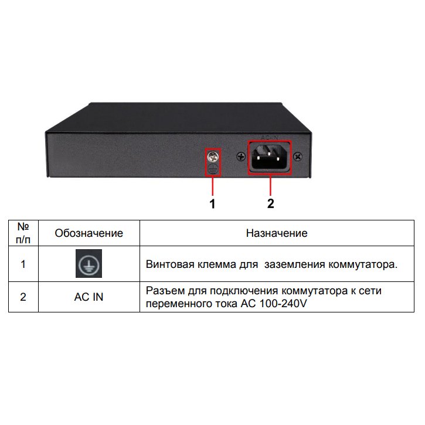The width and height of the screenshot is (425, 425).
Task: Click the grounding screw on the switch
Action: (213, 157)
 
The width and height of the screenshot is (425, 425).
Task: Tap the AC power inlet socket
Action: (269, 158)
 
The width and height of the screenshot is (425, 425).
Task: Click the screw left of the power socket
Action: (241, 157)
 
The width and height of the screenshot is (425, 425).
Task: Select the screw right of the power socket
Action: (298, 157)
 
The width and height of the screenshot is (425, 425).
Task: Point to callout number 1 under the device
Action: (212, 204)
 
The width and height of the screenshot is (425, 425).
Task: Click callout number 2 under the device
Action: (270, 204)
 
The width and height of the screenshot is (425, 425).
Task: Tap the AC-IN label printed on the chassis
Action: (270, 138)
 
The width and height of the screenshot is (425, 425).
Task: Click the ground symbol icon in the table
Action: (89, 263)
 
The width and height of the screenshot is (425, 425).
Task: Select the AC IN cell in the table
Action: (89, 297)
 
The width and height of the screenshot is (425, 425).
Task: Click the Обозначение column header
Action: (89, 233)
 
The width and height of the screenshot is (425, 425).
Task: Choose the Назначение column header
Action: (277, 233)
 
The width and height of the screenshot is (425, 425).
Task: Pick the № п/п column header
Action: (23, 233)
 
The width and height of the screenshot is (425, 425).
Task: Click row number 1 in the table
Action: (23, 264)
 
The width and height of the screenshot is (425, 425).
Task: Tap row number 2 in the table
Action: (23, 297)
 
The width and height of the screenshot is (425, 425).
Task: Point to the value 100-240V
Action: (283, 304)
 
